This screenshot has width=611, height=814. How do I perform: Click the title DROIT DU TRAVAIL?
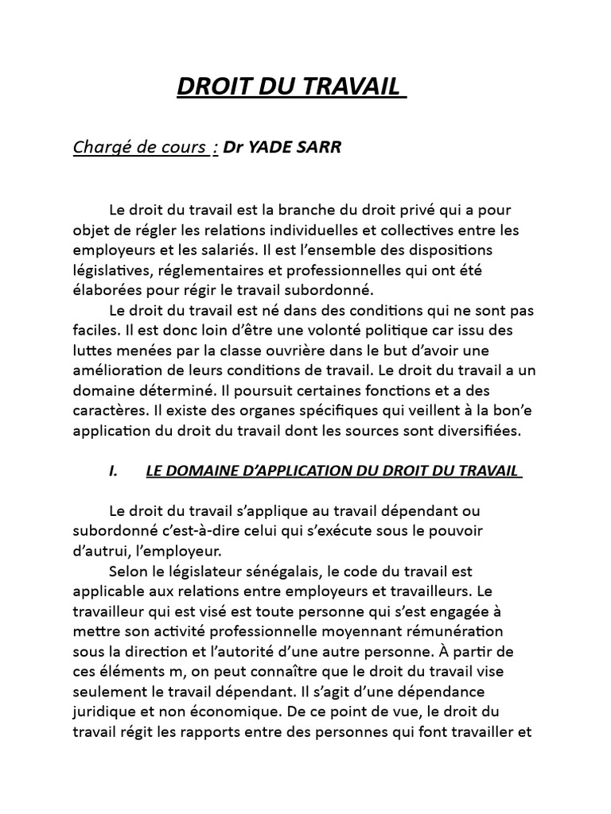pyautogui.click(x=290, y=87)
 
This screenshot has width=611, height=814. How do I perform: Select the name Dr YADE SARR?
pyautogui.click(x=282, y=147)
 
